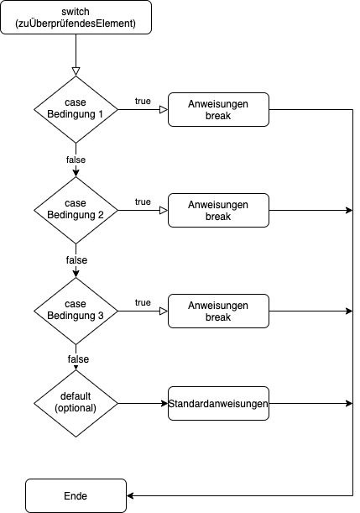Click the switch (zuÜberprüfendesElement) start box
[76, 18]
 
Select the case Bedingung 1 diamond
[76, 110]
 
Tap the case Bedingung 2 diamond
[76, 211]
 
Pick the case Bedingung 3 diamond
[76, 311]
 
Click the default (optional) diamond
[76, 403]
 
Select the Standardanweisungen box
[218, 403]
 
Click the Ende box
[76, 495]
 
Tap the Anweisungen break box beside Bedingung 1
[218, 110]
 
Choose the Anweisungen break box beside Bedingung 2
[218, 211]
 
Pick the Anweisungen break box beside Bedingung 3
[218, 311]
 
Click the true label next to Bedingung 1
[143, 101]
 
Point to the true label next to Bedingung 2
[143, 202]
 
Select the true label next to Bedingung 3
[143, 302]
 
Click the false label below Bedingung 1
[76, 160]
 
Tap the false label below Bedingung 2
[76, 260]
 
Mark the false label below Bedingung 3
[78, 359]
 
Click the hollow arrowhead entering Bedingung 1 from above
[76, 71]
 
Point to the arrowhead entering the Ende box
[130, 495]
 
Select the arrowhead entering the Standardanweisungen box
[164, 403]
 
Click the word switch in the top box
[76, 12]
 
